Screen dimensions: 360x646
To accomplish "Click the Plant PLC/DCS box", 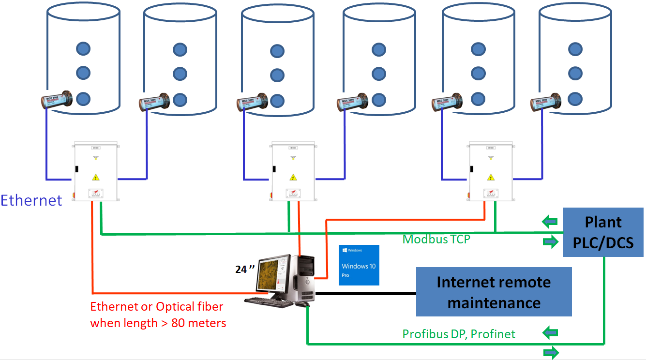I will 603,232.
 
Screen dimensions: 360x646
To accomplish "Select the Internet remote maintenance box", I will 494,292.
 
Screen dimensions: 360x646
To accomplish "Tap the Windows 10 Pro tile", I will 359,265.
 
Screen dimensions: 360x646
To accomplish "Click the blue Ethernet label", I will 31,200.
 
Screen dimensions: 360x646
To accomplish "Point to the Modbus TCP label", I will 436,239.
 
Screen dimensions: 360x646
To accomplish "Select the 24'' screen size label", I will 244,270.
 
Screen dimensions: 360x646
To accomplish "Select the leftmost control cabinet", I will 95,172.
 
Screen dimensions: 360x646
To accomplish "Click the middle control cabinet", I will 293,172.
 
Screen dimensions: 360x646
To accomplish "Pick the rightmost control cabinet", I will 491,172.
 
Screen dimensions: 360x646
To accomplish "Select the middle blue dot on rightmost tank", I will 574,73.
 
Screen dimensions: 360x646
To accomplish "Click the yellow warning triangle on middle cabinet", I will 292,177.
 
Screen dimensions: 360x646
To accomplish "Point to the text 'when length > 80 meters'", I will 158,323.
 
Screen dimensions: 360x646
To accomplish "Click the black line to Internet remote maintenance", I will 365,294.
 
